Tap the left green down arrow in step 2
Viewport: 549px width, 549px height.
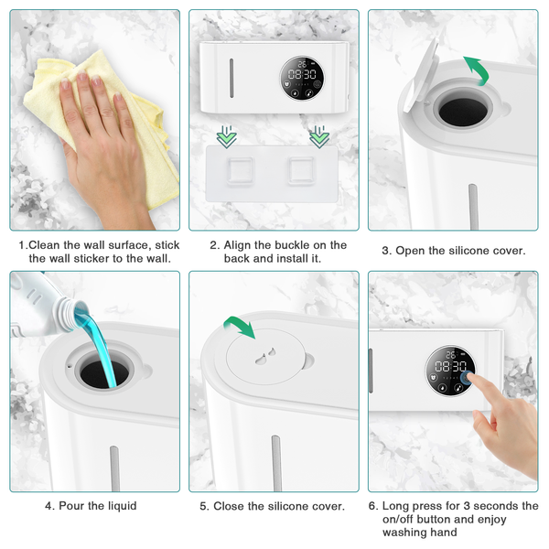point(227,137)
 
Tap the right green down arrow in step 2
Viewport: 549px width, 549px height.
point(319,137)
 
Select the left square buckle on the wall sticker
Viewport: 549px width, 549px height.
point(240,171)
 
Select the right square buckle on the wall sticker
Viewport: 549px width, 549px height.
point(301,170)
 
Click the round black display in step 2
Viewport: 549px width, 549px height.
point(301,78)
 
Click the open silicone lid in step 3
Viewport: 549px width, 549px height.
point(421,74)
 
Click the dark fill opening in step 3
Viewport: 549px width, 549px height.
point(463,112)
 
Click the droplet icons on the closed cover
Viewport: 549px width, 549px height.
point(265,356)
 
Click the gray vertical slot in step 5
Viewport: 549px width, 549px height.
point(276,463)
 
